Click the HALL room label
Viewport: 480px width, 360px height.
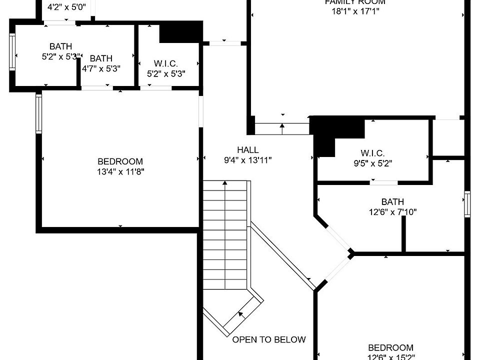[248, 150]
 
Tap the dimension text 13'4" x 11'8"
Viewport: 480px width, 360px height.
[120, 171]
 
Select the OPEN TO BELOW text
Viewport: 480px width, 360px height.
[269, 339]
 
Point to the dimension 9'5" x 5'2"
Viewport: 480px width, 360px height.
[372, 162]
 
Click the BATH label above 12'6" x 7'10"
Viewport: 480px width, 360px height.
[392, 202]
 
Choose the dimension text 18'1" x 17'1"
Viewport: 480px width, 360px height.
[355, 11]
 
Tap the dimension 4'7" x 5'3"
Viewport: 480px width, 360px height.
[101, 68]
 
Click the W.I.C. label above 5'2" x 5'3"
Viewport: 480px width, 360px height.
[166, 63]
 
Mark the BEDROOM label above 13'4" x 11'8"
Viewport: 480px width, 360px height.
[120, 161]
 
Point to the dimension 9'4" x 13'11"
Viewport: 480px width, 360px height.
[248, 160]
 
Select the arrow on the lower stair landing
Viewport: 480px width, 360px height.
[242, 314]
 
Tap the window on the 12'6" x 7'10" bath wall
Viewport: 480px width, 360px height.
[467, 204]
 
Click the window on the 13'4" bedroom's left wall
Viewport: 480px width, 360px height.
[38, 114]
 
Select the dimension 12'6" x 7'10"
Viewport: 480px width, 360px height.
[392, 212]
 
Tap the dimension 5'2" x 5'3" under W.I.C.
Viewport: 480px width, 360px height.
[166, 73]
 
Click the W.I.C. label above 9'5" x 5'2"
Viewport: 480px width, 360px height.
[372, 153]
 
